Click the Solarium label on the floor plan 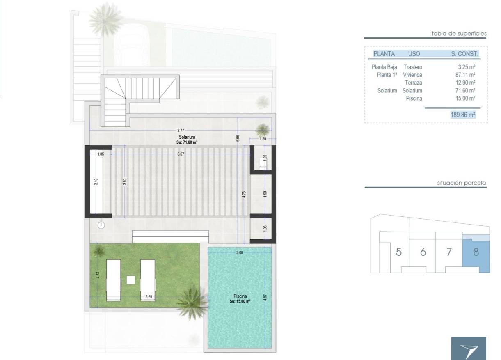(186, 138)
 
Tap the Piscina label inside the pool (240, 296)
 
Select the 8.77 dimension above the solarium (181, 130)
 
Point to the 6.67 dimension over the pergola (181, 154)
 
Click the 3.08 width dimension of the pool (240, 253)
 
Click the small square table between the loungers (131, 280)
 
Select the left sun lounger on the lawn (113, 280)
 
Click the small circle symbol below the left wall (101, 225)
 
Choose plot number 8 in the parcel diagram (476, 252)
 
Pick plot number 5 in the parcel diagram (398, 252)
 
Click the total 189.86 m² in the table (463, 115)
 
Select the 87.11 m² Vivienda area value (467, 75)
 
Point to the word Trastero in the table (412, 67)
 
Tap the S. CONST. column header (464, 54)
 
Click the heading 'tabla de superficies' (459, 34)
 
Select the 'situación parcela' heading (462, 183)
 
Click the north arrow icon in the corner (469, 350)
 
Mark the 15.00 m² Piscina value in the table (467, 99)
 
